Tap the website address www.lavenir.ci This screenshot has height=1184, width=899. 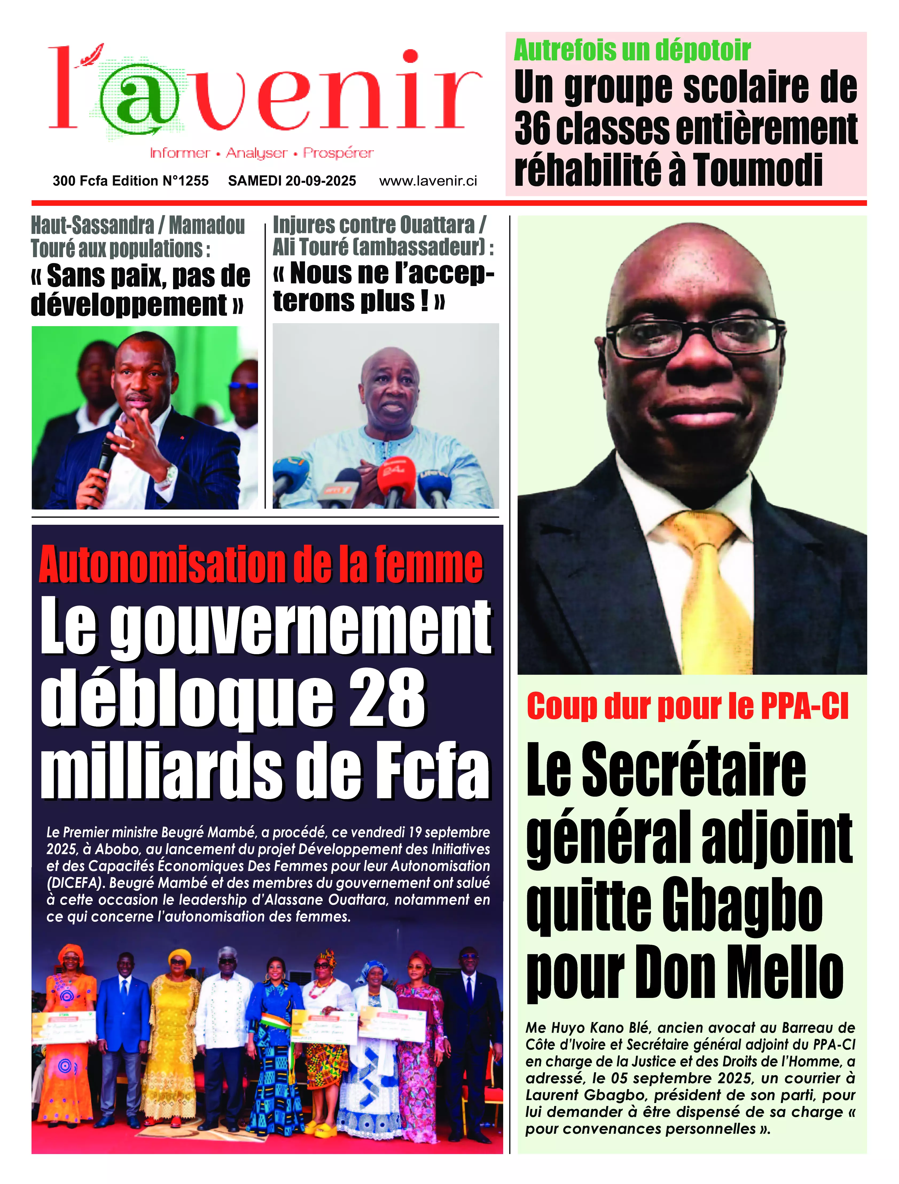[x=428, y=181]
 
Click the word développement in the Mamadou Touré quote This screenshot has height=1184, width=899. [x=128, y=305]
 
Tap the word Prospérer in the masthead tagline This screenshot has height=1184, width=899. [x=338, y=153]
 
